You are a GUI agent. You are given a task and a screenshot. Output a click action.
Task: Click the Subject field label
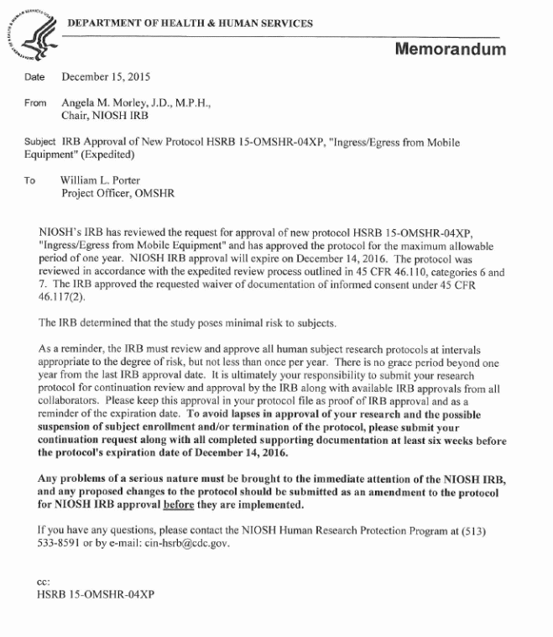coord(39,143)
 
